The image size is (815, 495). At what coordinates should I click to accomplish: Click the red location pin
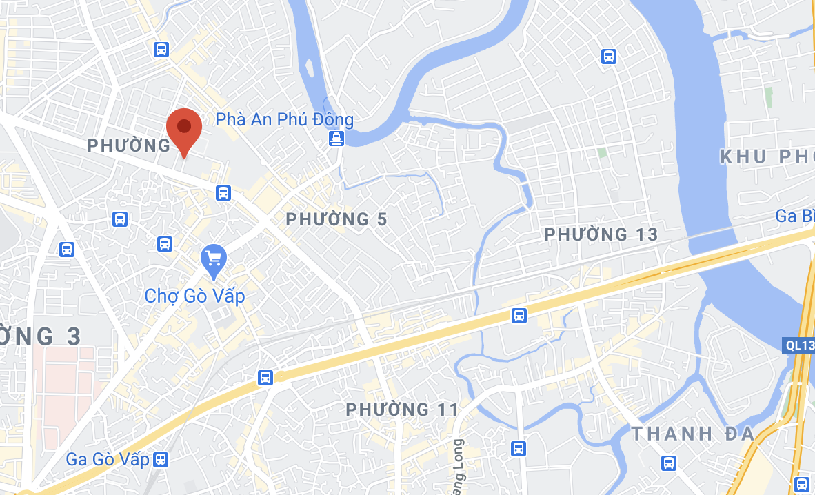(x=184, y=130)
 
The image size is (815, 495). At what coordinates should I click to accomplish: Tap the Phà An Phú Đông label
(x=284, y=119)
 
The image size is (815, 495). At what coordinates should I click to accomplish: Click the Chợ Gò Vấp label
(x=194, y=296)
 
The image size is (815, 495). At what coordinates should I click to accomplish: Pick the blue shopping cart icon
(x=214, y=259)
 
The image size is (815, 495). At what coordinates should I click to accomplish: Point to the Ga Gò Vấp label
(x=108, y=459)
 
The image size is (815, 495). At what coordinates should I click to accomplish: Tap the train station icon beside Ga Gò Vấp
(x=161, y=459)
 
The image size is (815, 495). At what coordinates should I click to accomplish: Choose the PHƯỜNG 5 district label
(x=336, y=220)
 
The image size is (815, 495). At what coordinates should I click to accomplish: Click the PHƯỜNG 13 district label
(x=601, y=234)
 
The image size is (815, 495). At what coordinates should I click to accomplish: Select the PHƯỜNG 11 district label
(x=402, y=410)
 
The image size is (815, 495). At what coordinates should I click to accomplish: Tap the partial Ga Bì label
(x=795, y=216)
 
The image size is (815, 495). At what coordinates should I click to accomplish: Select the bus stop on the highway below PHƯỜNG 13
(x=519, y=316)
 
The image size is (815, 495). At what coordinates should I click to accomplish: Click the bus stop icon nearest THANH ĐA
(x=668, y=463)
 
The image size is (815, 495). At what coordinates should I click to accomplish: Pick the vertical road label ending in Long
(x=459, y=462)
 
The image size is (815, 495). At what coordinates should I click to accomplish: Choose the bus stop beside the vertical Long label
(x=519, y=448)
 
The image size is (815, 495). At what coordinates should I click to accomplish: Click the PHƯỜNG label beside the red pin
(x=129, y=145)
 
